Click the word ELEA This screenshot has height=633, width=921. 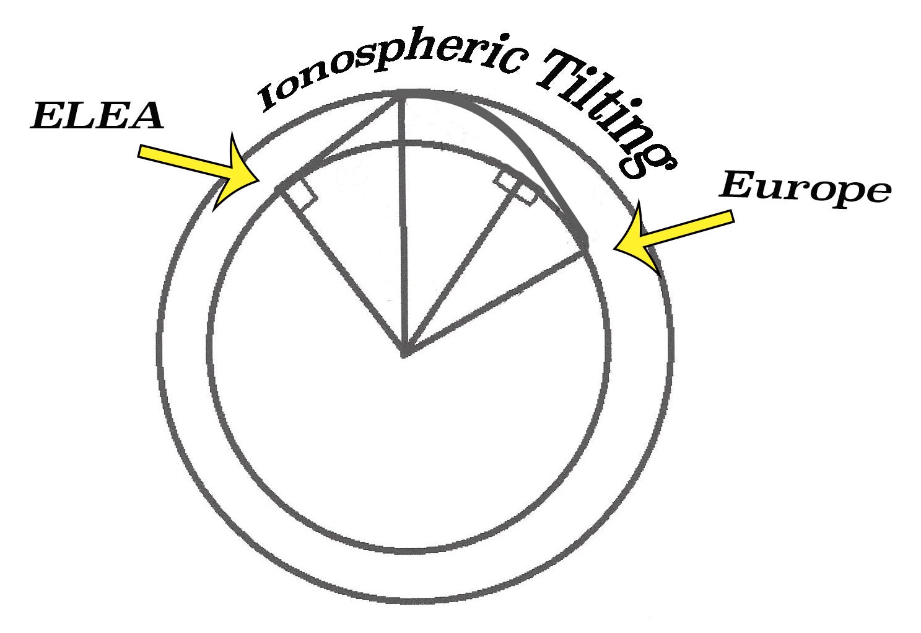[97, 117]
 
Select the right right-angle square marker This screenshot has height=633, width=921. [515, 187]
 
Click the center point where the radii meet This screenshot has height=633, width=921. [404, 354]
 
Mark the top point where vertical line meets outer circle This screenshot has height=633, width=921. [403, 93]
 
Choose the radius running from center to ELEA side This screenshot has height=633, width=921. [344, 273]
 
